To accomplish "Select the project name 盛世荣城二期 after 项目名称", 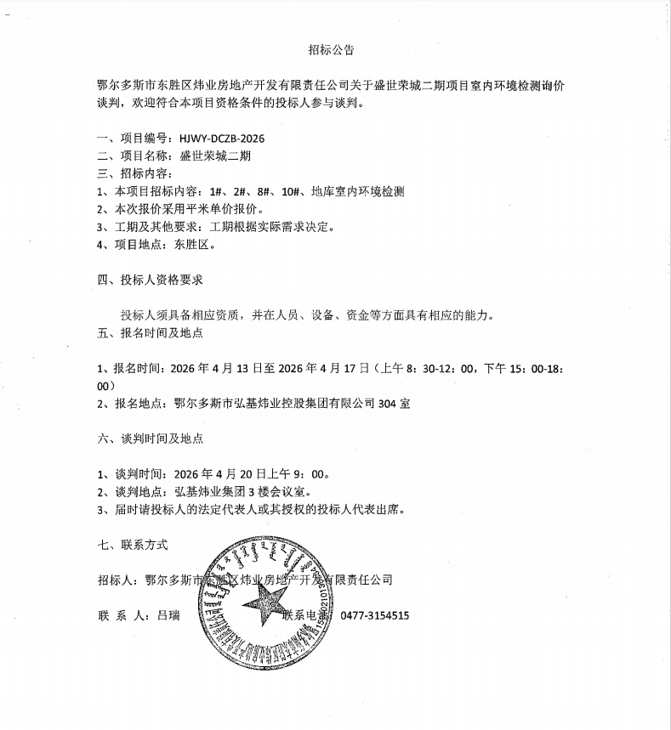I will (x=216, y=156).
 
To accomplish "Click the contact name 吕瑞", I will (x=168, y=615).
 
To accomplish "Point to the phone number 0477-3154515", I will (x=375, y=615).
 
